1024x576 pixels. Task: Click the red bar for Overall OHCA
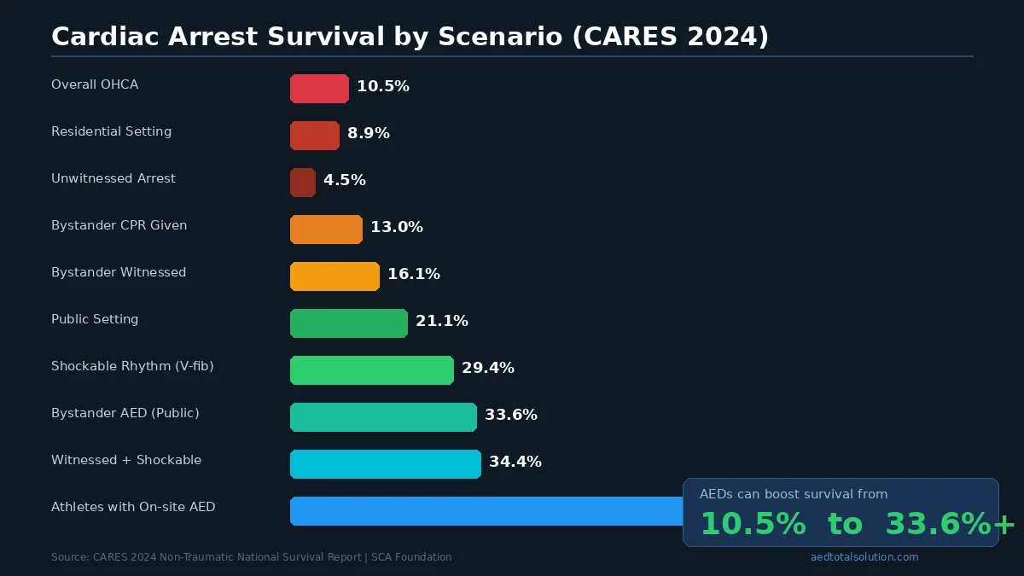click(319, 89)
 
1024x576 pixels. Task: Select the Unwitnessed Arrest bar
click(303, 183)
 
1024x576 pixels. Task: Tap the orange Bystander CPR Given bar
click(326, 230)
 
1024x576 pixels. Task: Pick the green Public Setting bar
click(348, 323)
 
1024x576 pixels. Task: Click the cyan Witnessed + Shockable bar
click(385, 464)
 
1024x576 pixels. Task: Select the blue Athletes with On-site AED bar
click(486, 511)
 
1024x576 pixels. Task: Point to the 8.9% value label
click(369, 133)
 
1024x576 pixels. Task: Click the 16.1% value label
click(414, 274)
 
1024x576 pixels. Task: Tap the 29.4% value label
click(488, 368)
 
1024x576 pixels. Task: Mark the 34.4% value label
click(515, 462)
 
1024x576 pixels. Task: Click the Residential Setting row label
click(111, 131)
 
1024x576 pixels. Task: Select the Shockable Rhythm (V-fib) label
click(132, 366)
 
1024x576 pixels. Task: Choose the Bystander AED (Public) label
click(125, 413)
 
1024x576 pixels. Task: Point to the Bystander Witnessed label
click(119, 272)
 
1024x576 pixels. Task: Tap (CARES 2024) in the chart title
click(670, 37)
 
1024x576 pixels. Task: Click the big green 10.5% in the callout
click(753, 524)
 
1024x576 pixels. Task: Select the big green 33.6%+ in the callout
click(949, 524)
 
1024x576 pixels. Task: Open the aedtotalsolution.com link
click(864, 557)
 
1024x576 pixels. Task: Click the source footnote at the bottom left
click(251, 557)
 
